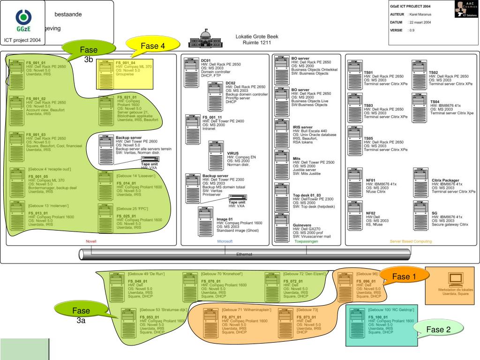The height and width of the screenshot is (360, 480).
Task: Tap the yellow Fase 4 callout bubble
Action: (153, 46)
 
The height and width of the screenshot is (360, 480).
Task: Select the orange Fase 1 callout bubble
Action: (401, 277)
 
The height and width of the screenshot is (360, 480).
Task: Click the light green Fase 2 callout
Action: (438, 330)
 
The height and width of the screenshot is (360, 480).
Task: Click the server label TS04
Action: (435, 102)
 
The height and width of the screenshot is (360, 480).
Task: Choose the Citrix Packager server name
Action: (445, 180)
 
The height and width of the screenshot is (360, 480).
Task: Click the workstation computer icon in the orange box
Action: (455, 279)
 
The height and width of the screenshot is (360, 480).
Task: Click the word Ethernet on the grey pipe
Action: (244, 254)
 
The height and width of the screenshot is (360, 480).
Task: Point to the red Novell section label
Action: (91, 241)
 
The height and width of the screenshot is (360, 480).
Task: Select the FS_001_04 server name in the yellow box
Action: (125, 63)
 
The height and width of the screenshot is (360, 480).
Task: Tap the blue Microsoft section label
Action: (225, 241)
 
